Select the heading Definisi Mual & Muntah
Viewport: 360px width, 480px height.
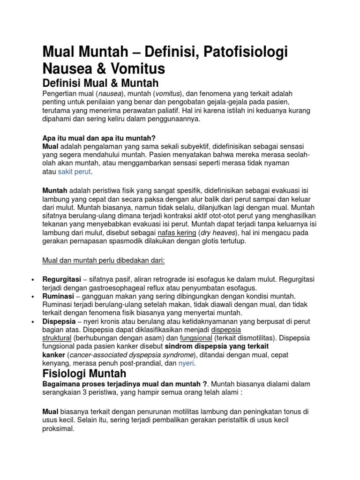pyautogui.click(x=101, y=83)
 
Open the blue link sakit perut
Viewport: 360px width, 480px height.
pyautogui.click(x=75, y=172)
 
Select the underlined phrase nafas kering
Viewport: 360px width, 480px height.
pyautogui.click(x=177, y=232)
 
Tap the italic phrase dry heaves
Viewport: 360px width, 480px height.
pyautogui.click(x=218, y=232)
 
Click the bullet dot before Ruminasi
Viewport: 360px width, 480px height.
pyautogui.click(x=32, y=297)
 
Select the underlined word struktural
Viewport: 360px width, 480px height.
pyautogui.click(x=57, y=337)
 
